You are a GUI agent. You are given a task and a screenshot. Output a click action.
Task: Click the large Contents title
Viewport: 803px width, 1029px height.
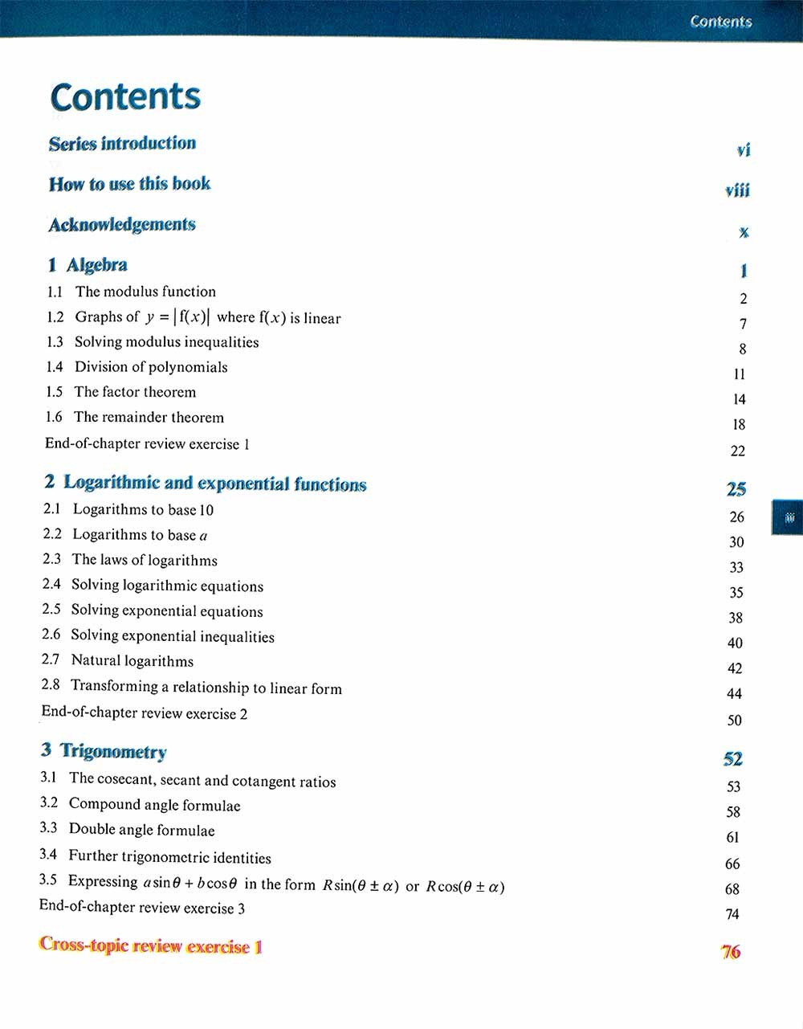click(x=125, y=97)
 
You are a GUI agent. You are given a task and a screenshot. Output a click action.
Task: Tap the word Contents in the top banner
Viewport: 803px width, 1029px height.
click(x=720, y=22)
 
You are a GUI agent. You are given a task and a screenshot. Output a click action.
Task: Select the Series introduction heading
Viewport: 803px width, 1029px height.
click(x=122, y=144)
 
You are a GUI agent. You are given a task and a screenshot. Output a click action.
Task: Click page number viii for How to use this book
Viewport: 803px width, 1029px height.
click(x=737, y=190)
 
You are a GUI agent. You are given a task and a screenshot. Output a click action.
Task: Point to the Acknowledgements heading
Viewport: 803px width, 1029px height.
click(x=122, y=225)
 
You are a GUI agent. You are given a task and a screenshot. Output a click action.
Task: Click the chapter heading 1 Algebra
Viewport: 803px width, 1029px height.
click(x=88, y=265)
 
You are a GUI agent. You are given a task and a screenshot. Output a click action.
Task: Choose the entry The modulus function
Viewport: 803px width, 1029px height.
click(x=145, y=292)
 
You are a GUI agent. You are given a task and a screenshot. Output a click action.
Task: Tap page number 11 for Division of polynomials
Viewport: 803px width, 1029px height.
click(x=740, y=374)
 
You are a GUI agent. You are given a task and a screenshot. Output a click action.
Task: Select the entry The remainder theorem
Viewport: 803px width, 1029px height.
click(x=149, y=418)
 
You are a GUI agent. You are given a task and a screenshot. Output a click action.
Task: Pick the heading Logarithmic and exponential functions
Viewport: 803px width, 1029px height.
click(x=214, y=484)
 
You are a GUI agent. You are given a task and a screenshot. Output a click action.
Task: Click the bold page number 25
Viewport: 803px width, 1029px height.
click(x=736, y=489)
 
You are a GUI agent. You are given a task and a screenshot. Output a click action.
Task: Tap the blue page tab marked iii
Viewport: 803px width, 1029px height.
click(x=789, y=518)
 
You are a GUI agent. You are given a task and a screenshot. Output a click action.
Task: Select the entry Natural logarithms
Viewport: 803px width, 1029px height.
click(x=132, y=661)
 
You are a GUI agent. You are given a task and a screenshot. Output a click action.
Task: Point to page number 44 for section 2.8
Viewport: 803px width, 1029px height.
click(x=735, y=694)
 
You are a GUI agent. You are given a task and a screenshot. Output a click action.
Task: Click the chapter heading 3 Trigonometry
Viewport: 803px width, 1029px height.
click(x=104, y=752)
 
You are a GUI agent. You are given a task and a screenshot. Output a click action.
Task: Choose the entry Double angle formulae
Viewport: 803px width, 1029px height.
click(x=142, y=831)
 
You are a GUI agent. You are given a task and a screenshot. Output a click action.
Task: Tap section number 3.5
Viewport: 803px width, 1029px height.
click(x=48, y=880)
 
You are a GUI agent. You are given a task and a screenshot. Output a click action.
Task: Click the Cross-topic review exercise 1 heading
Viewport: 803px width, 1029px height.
click(x=151, y=946)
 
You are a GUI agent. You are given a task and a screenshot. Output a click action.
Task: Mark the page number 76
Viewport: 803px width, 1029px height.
click(x=731, y=953)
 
